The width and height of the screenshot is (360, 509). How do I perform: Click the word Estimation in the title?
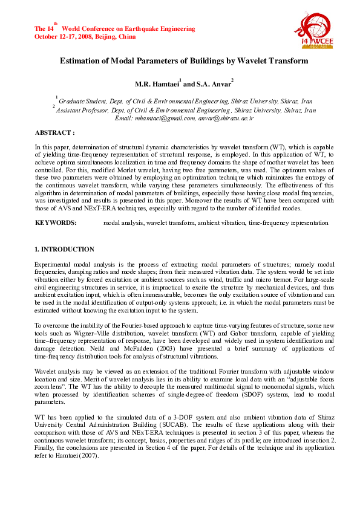point(80,61)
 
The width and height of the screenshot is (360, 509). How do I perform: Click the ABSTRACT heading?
point(54,132)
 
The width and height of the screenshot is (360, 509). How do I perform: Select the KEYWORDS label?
point(56,223)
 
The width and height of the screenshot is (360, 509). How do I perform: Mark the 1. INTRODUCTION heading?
point(64,249)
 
